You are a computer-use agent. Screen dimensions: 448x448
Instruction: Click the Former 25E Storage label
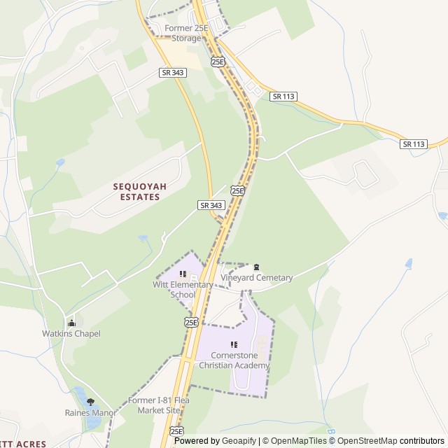183,33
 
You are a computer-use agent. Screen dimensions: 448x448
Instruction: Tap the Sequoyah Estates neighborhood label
136,192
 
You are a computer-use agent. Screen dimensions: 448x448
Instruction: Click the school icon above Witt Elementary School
183,274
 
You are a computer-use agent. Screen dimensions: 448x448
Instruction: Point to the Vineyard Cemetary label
256,278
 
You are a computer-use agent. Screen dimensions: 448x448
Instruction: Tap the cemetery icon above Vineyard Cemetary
256,267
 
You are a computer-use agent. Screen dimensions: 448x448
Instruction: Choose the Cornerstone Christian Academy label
234,360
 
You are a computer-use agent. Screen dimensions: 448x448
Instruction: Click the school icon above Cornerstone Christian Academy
234,344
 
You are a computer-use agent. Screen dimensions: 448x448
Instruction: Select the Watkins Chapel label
71,334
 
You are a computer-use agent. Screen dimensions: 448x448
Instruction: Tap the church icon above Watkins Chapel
71,323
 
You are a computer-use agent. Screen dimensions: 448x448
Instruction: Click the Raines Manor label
90,413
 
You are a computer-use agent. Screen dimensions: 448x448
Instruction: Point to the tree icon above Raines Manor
90,402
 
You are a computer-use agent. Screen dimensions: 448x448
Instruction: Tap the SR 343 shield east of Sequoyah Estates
211,205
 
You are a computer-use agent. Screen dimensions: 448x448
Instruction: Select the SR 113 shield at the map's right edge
414,144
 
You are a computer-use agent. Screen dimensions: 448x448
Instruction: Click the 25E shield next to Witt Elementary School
191,321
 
